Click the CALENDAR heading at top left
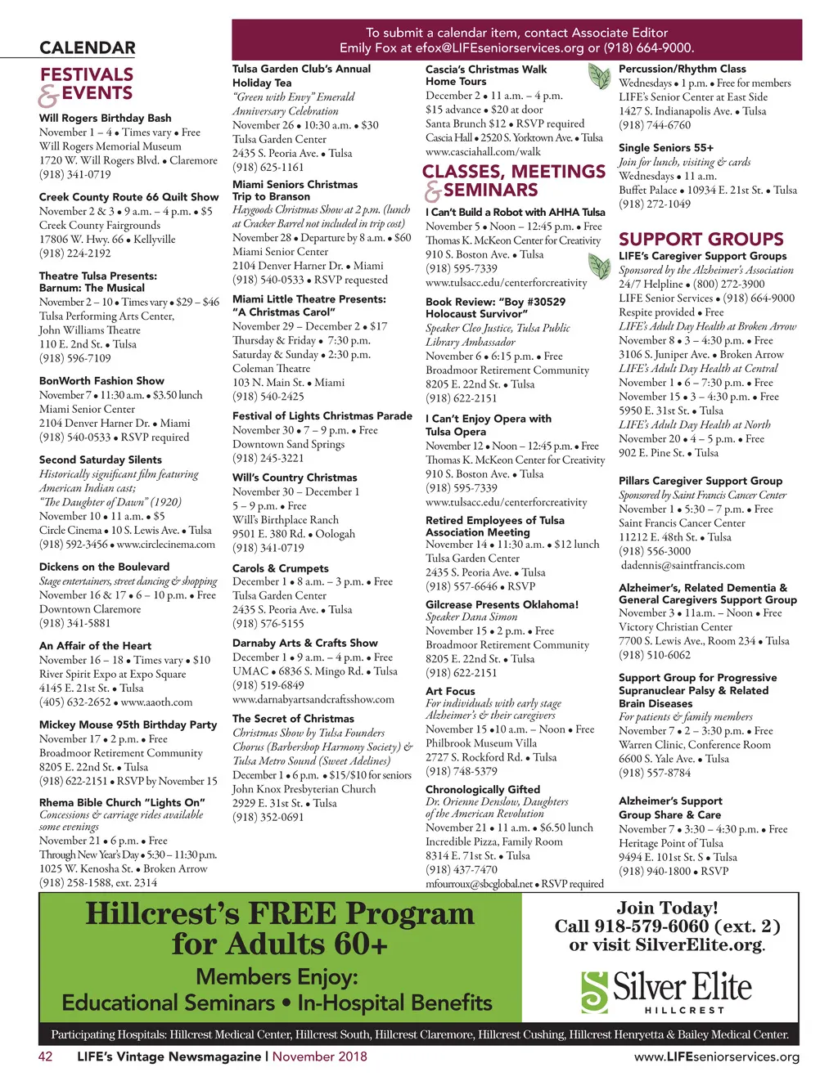[88, 48]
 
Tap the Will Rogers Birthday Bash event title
[106, 118]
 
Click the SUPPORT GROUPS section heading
[701, 240]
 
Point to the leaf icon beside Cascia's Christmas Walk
[599, 77]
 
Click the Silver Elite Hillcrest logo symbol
[594, 991]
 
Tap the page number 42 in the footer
[46, 1056]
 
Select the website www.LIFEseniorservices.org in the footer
[716, 1056]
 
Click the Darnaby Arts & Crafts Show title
[305, 643]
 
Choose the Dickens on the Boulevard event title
[105, 567]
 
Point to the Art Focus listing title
[450, 691]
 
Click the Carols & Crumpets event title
[281, 568]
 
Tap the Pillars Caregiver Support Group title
[701, 481]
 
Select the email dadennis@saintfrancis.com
[683, 565]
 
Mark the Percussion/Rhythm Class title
[683, 70]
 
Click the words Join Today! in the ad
[667, 908]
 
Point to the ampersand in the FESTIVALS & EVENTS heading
[49, 96]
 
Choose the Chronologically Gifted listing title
[483, 789]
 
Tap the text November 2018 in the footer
[320, 1056]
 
